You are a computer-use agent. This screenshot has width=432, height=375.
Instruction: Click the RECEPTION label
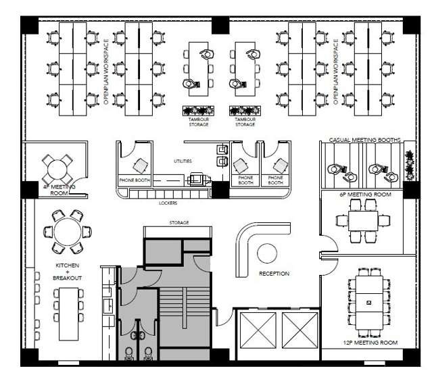coord(274,274)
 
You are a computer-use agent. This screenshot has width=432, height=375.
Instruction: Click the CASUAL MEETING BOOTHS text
coord(364,140)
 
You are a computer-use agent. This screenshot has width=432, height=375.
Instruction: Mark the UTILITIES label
coord(183,161)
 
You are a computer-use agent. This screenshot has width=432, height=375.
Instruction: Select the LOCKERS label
coord(168,202)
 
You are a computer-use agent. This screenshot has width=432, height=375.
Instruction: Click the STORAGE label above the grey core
coord(178,222)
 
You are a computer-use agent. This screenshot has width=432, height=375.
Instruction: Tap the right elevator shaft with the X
coord(297,331)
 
